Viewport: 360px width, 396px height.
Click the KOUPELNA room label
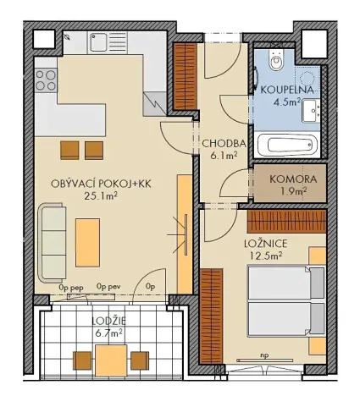tap(287, 90)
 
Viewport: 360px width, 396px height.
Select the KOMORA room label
tap(293, 179)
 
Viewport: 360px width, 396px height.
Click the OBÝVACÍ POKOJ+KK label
tap(88, 183)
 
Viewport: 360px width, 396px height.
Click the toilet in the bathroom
tap(274, 62)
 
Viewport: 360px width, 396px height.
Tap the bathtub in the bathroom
tap(288, 145)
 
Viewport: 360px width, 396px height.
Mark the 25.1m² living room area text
tap(100, 195)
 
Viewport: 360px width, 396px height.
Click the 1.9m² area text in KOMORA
tap(293, 192)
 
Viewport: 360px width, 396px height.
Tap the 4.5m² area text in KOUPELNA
tap(286, 104)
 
